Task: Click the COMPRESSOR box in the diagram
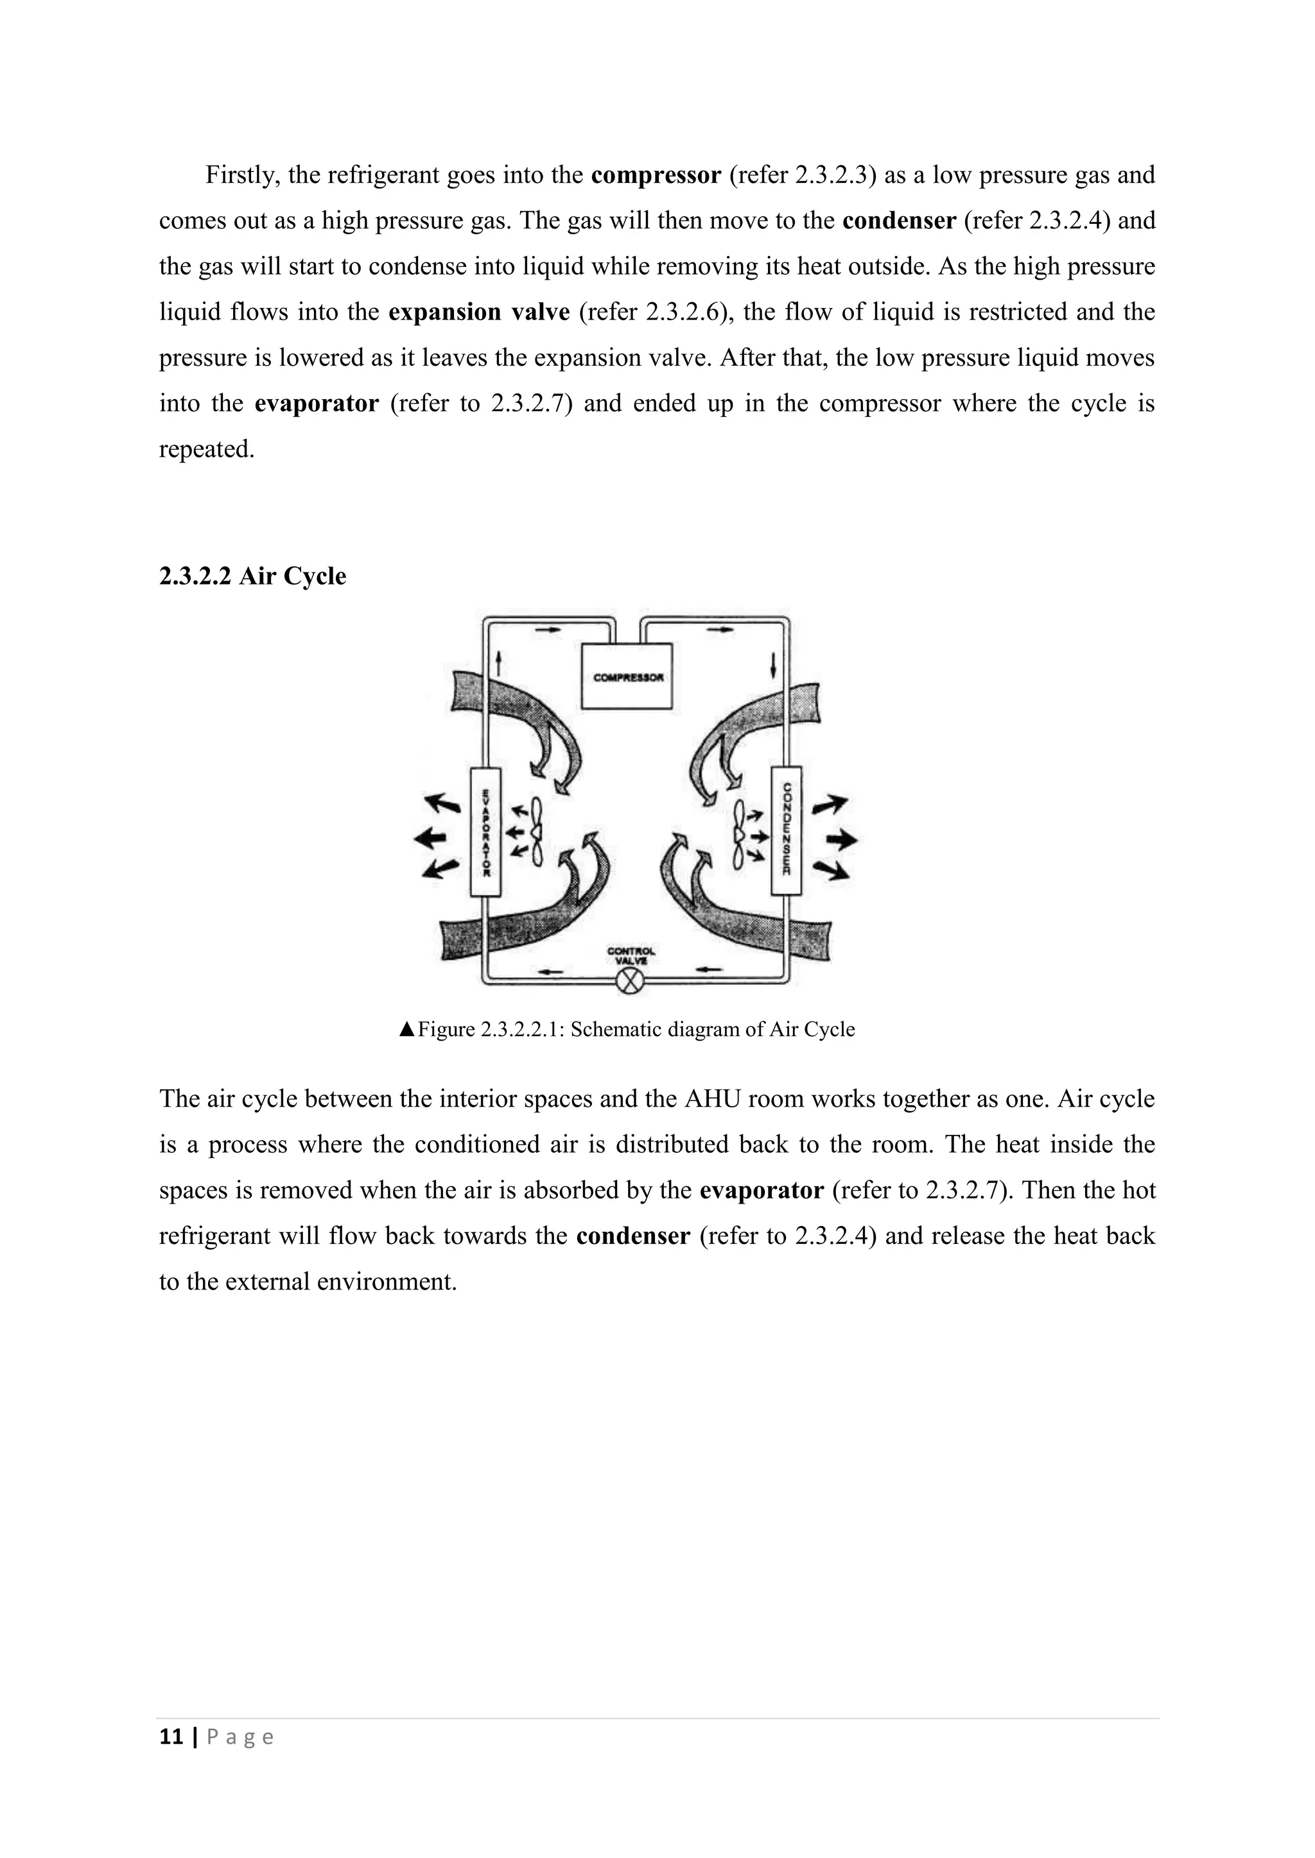click(x=627, y=676)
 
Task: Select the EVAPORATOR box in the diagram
click(x=486, y=831)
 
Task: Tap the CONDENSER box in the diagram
click(x=787, y=830)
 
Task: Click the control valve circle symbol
click(x=629, y=982)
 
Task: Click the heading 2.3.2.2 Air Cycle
click(x=252, y=576)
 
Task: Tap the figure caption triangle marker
click(x=406, y=1029)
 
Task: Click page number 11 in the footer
click(x=171, y=1737)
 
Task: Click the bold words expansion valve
click(x=478, y=312)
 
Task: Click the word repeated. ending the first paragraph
click(x=207, y=449)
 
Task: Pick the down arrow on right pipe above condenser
click(x=774, y=665)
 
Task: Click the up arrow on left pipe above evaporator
click(x=499, y=665)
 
